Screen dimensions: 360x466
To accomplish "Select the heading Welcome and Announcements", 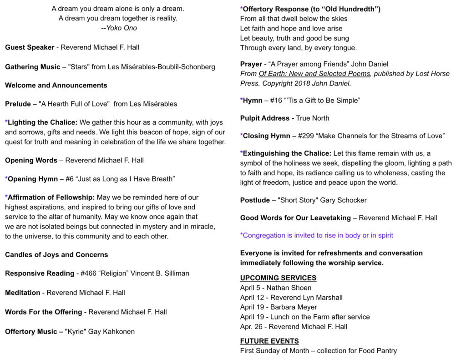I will tap(56, 86).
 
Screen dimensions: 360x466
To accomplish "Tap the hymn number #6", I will tap(70, 179).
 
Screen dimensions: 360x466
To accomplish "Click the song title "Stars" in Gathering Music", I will tap(78, 67).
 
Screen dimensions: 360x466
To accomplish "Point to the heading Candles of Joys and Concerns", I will tap(56, 255).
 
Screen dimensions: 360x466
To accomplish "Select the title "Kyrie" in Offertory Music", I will tap(76, 332).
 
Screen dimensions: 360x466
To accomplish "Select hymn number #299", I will tap(298, 136).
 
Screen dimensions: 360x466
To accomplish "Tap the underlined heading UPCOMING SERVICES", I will tap(278, 278).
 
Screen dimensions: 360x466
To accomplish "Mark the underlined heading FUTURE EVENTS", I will tap(269, 341).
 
